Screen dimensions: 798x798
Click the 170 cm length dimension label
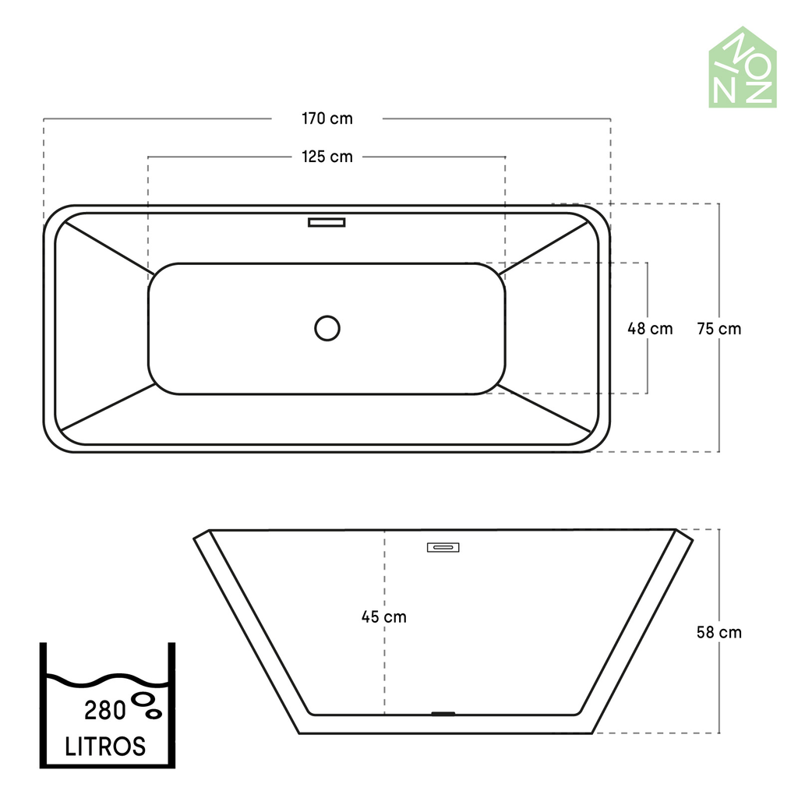pos(327,119)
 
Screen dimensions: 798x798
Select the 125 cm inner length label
pos(327,157)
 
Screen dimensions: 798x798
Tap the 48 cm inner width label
pos(650,329)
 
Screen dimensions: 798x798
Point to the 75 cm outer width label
pos(719,329)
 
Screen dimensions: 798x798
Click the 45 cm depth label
pos(384,617)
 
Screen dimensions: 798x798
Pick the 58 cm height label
pos(719,632)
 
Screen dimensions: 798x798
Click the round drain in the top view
pos(327,328)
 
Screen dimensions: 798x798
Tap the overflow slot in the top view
pos(327,222)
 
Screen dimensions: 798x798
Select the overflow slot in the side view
pos(443,547)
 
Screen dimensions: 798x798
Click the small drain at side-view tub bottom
pos(443,712)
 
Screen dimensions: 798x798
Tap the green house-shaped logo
pos(742,69)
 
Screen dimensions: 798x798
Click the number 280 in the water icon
pos(105,711)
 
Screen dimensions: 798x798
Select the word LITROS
pos(105,746)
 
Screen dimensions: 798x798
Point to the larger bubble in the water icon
pos(143,699)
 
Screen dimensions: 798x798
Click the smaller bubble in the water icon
pos(154,712)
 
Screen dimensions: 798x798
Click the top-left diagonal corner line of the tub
pos(105,246)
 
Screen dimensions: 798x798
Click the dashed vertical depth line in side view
pos(384,662)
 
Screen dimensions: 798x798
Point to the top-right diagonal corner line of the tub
pos(546,246)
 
